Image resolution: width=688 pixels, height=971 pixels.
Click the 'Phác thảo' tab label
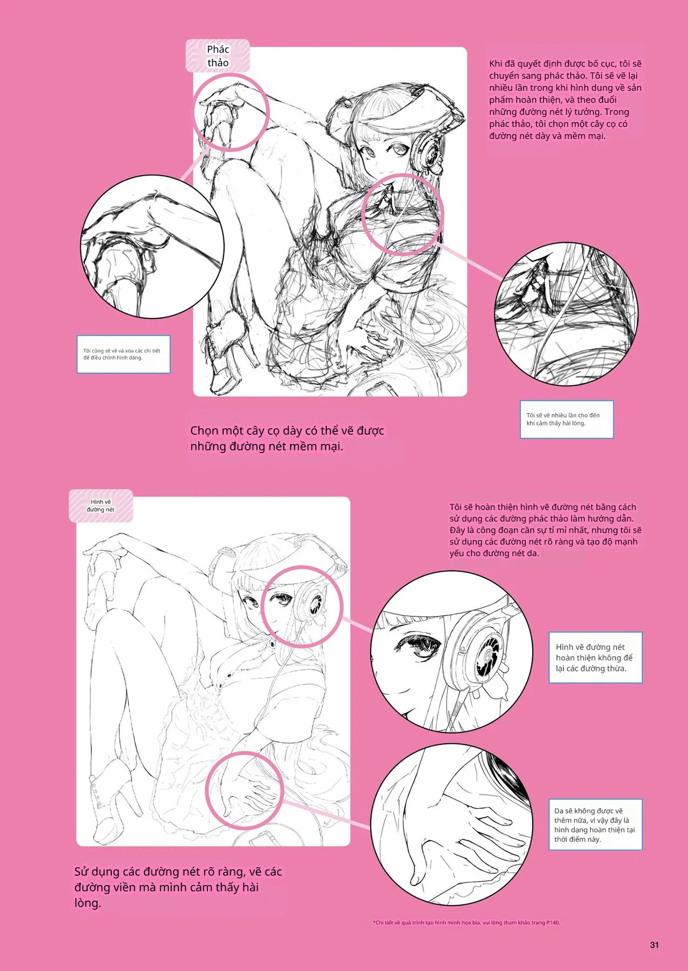(218, 56)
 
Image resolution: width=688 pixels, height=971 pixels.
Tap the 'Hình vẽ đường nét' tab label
(101, 506)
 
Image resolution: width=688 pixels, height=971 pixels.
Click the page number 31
(654, 945)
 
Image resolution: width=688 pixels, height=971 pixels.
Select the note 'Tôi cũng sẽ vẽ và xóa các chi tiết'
(124, 354)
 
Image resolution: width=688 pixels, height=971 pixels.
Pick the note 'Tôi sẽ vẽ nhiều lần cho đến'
(567, 419)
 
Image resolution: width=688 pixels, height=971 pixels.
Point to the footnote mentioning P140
(466, 923)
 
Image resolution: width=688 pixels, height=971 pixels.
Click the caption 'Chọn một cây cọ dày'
(287, 438)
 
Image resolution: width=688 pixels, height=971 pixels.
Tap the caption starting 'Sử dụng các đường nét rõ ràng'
(178, 887)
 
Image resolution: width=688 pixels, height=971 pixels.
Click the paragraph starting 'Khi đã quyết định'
(565, 100)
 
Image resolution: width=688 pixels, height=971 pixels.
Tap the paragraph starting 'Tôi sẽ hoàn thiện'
(546, 530)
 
